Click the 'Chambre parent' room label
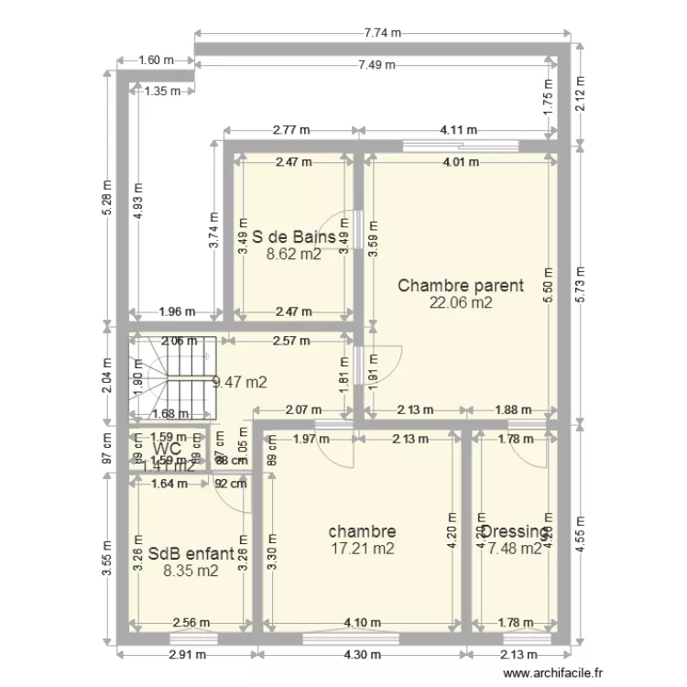click(x=460, y=285)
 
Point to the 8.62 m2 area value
click(x=293, y=256)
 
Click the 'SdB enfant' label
click(x=191, y=554)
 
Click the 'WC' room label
click(x=168, y=450)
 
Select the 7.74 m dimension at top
click(x=383, y=33)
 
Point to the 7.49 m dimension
click(x=376, y=64)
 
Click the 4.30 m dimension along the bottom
click(x=361, y=655)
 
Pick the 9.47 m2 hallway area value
click(x=239, y=383)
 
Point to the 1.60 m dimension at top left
click(x=155, y=61)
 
